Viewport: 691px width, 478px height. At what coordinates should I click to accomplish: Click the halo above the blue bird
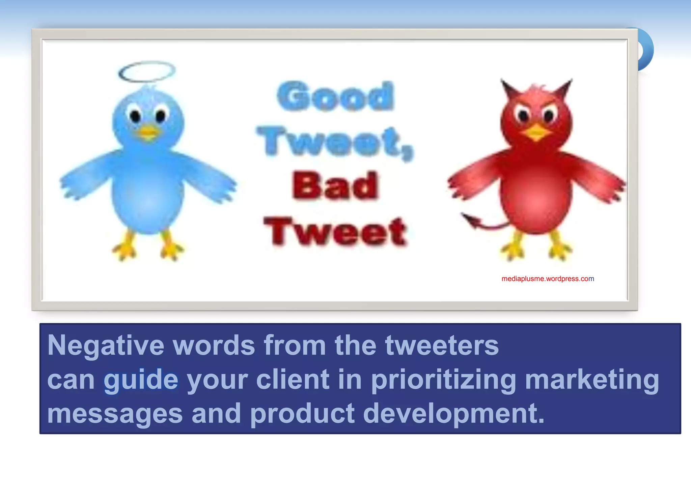click(147, 71)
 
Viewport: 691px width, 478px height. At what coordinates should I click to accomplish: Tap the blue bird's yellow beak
click(148, 132)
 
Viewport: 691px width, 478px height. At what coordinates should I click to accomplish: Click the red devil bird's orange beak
click(536, 132)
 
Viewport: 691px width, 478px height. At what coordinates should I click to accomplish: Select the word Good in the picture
click(335, 96)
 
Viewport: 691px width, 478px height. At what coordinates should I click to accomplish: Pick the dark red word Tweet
click(335, 232)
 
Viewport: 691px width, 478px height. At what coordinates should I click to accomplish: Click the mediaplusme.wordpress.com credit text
click(548, 279)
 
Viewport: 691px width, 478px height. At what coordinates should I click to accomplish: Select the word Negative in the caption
click(106, 346)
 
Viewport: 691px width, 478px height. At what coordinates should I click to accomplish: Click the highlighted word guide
click(141, 380)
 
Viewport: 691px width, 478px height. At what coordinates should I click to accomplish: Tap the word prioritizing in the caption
click(444, 380)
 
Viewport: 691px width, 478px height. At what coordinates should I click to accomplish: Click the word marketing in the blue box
click(592, 380)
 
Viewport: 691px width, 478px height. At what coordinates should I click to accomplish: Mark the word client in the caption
click(293, 380)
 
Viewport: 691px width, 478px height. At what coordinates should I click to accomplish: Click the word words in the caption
click(214, 346)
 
